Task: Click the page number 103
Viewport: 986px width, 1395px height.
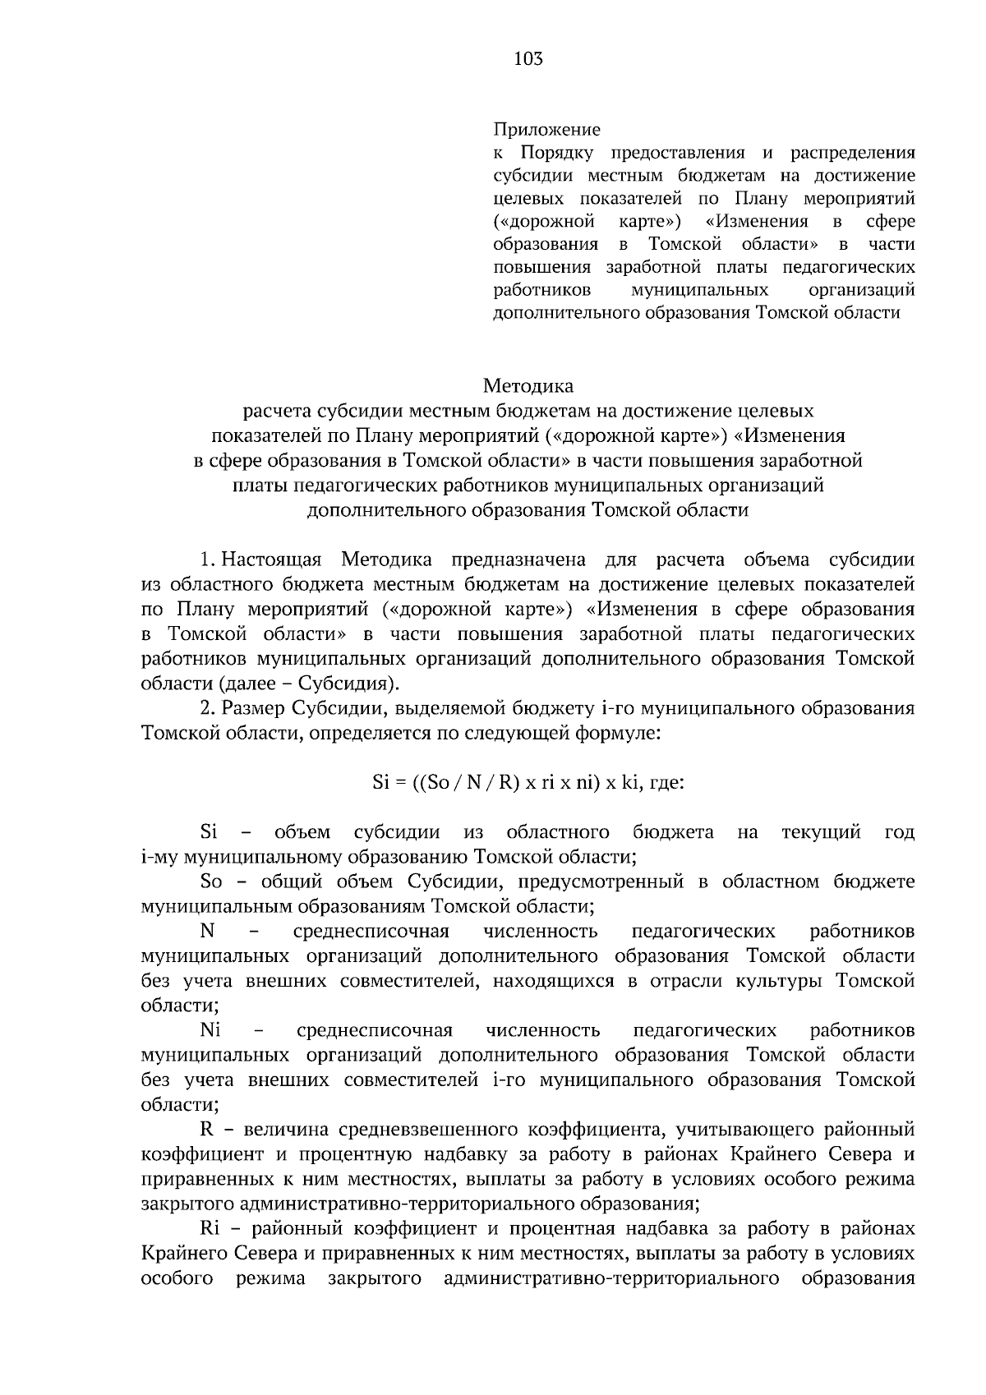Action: pyautogui.click(x=528, y=58)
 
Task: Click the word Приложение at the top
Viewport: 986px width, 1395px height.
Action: pyautogui.click(x=546, y=129)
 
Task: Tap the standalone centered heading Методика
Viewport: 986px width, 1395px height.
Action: pyautogui.click(x=528, y=384)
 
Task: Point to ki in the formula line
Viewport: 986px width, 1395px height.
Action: pyautogui.click(x=630, y=782)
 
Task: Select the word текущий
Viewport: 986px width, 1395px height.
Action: pyautogui.click(x=821, y=832)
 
